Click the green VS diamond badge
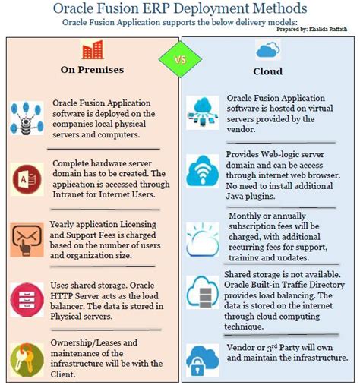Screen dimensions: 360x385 pyautogui.click(x=180, y=58)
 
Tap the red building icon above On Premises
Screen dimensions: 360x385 pyautogui.click(x=92, y=51)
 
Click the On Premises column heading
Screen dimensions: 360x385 pyautogui.click(x=92, y=71)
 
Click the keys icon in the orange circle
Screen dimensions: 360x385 pyautogui.click(x=27, y=357)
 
